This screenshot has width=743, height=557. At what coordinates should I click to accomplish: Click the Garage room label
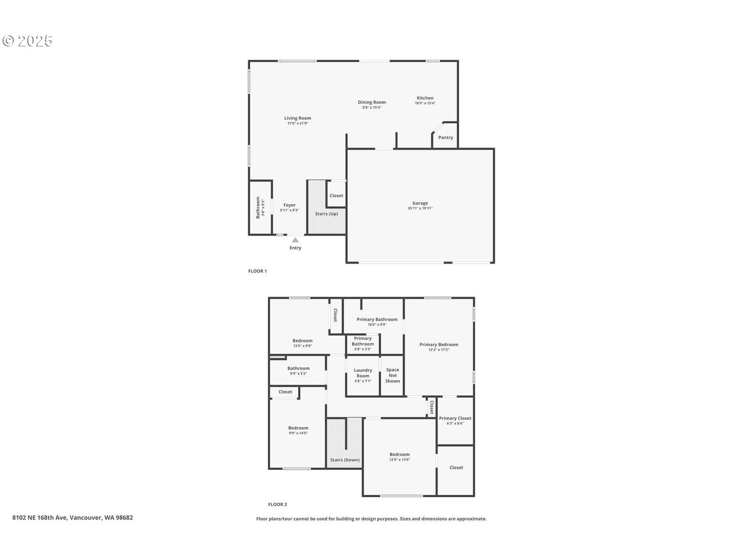point(420,203)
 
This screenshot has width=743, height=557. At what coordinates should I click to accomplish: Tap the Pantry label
point(445,138)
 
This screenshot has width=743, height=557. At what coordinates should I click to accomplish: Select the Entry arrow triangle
point(295,240)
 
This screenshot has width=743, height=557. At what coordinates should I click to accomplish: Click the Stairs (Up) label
point(327,214)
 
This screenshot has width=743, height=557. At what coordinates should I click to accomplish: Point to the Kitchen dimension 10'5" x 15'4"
point(425,103)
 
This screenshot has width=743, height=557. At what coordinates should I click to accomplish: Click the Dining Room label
point(372,102)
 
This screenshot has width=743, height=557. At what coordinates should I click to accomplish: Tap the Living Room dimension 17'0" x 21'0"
point(298,124)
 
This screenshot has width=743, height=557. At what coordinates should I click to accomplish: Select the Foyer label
point(289,205)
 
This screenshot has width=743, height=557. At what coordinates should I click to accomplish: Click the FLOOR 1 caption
point(257,271)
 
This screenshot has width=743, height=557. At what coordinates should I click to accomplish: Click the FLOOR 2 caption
point(278,504)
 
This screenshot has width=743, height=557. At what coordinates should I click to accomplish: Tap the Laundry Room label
point(363,373)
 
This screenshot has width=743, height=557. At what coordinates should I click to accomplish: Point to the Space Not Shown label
point(393,375)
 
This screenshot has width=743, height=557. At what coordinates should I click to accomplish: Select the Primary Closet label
point(455,418)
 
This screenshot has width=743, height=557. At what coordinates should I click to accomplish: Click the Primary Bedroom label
point(439,345)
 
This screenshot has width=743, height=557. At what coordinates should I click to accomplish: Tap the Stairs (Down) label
point(345,460)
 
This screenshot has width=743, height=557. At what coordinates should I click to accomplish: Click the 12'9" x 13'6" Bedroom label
point(399,455)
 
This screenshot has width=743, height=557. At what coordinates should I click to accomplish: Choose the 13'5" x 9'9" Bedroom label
point(302,340)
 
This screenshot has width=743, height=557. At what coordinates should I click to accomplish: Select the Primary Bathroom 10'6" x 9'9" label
point(377,320)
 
